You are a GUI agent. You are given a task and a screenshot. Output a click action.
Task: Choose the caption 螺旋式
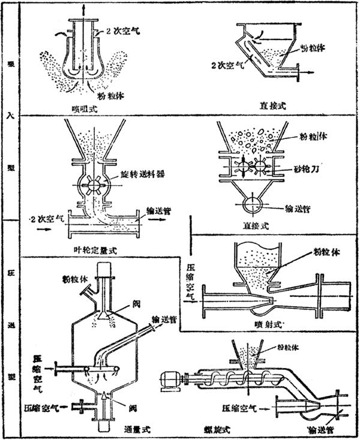tap(215, 430)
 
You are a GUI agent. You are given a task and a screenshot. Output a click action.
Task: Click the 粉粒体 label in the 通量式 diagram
tap(73, 279)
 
